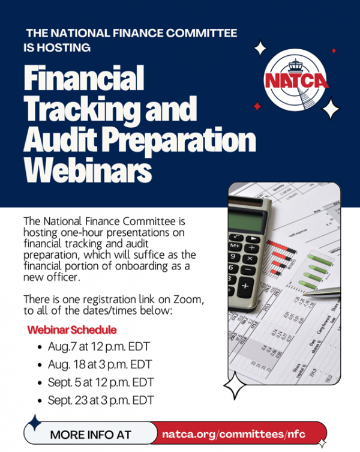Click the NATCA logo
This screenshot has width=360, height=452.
296,80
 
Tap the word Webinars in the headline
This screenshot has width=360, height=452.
88,170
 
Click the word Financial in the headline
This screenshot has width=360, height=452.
84,78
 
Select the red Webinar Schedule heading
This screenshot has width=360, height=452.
72,330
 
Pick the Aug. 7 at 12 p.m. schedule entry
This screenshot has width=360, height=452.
99,347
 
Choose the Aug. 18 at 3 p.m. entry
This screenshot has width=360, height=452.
100,364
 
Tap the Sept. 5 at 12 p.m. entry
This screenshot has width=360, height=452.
101,382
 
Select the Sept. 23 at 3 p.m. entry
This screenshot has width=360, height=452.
101,400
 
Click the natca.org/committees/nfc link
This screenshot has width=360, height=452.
233,434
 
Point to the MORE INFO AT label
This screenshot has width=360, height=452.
91,435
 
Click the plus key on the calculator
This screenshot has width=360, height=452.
245,286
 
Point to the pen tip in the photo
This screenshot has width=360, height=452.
304,294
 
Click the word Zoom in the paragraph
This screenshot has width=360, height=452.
188,300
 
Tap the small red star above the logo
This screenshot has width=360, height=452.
334,51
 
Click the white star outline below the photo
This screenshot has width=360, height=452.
235,385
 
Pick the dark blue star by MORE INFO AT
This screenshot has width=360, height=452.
35,423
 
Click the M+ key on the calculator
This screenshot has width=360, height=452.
235,246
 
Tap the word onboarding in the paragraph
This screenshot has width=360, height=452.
142,266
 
